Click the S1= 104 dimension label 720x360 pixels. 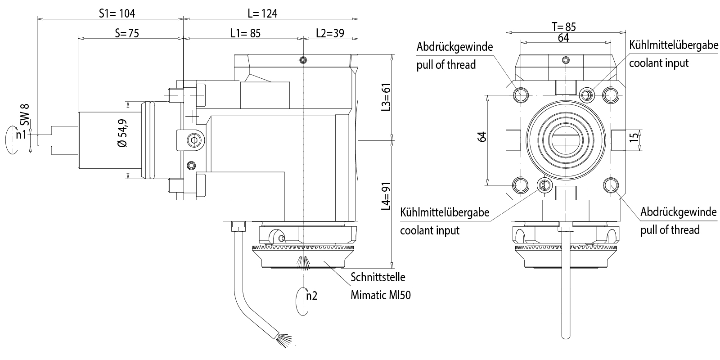coord(117,13)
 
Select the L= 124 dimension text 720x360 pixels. coord(262,13)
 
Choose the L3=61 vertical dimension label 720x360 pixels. coord(386,97)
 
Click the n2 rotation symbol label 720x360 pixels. coord(311,296)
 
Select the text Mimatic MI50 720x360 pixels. coord(380,295)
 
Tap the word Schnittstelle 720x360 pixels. coord(378,277)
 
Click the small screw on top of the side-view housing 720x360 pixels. coord(304,60)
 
